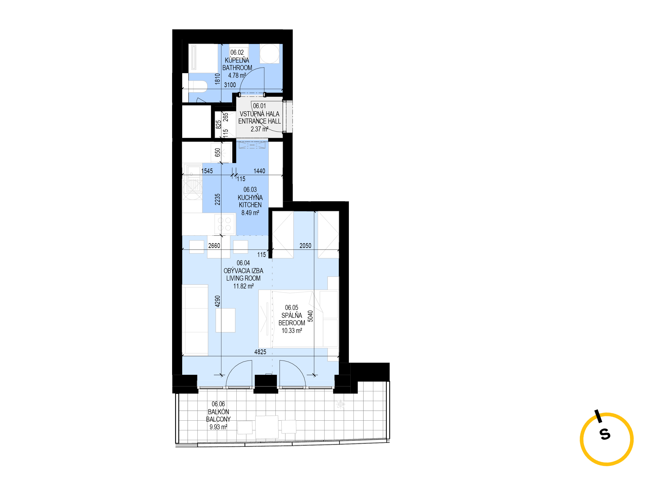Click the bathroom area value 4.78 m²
point(237,75)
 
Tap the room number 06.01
point(260,106)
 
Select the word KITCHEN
point(250,205)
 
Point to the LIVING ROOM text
point(243,278)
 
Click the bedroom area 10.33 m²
point(292,331)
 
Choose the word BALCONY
point(218,419)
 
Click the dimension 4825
point(260,352)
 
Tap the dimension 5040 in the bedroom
point(310,316)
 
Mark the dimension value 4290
point(217,301)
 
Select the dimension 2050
point(305,246)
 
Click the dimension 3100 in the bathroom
point(230,85)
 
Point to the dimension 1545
point(207,171)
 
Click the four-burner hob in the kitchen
point(225,224)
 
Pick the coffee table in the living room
point(225,320)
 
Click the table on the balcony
point(267,427)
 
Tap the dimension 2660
point(214,246)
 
